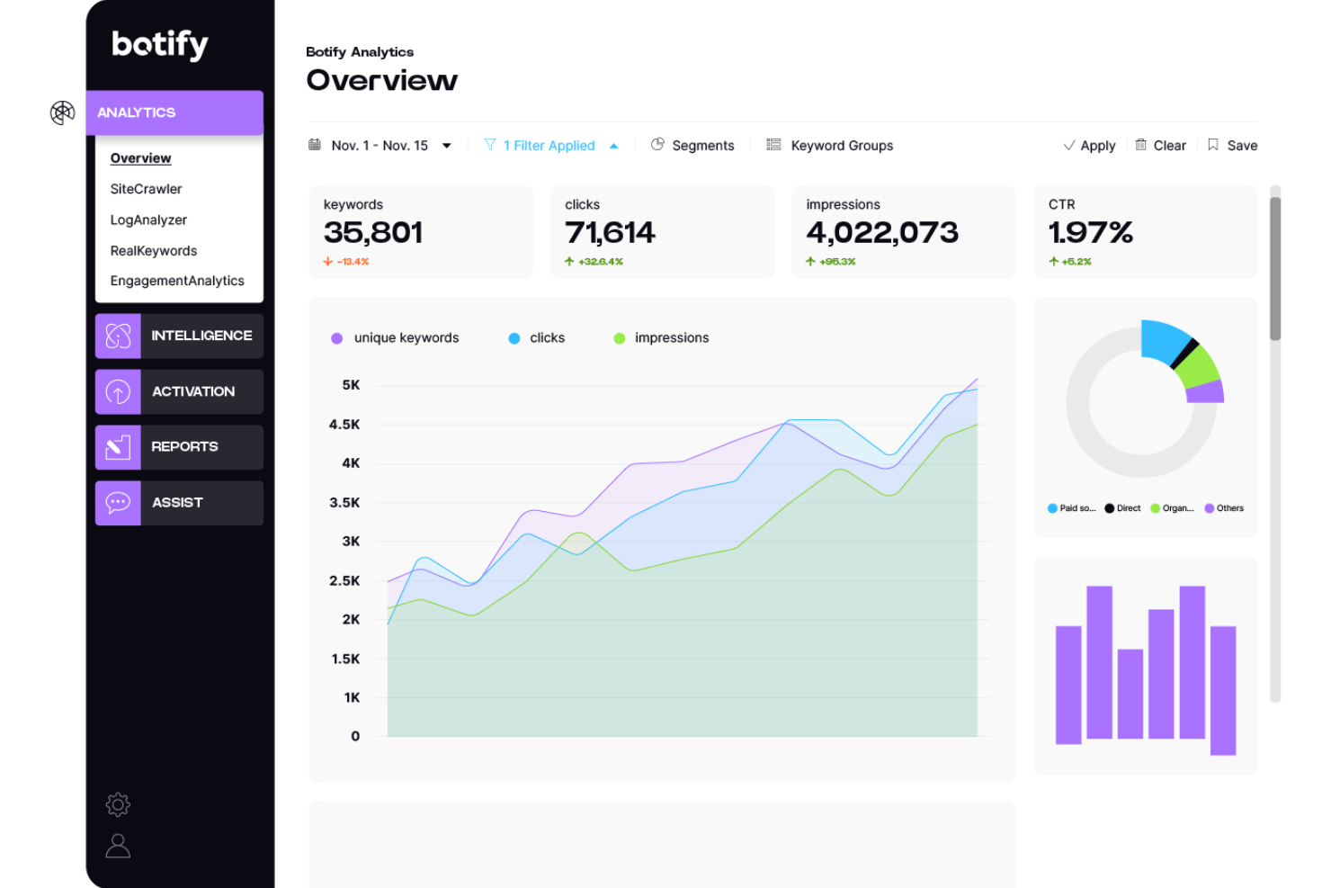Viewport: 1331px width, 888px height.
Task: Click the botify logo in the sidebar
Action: (160, 44)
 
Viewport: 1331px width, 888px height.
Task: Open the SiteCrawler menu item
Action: (146, 189)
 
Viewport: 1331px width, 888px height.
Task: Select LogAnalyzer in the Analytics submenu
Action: (148, 220)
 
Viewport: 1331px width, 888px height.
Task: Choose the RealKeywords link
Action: (154, 251)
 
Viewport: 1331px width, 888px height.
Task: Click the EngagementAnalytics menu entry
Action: (177, 281)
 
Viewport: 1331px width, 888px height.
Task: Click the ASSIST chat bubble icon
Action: (118, 503)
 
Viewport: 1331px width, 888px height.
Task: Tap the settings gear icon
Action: (118, 804)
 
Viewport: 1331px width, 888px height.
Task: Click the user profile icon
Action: (118, 846)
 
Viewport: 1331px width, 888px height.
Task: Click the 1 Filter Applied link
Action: (549, 146)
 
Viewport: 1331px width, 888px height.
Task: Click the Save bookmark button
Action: (1232, 146)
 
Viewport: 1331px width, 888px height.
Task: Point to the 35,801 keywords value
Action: (373, 233)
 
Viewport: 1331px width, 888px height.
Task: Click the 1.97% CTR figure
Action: (1090, 233)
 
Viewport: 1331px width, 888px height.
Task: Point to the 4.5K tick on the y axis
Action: (344, 425)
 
